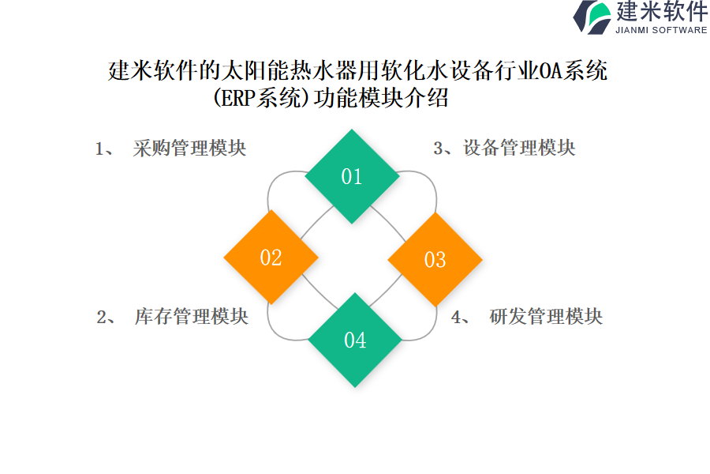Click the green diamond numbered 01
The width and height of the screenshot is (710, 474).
coord(352,176)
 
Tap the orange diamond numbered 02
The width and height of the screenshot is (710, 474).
coord(271,258)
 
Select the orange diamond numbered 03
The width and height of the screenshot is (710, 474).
coord(435,259)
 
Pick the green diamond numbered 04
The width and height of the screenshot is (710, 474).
coord(355,340)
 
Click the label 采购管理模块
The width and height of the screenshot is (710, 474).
coord(189,149)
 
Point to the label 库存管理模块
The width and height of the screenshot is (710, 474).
coord(192,317)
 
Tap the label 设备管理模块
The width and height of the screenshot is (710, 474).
coord(519,148)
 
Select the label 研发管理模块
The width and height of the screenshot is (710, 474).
coord(546,317)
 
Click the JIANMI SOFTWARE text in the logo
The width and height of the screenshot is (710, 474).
coord(661,30)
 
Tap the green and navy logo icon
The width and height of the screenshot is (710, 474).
coord(592,17)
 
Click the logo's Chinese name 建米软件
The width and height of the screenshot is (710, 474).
coord(662,11)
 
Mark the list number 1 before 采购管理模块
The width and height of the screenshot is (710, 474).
coord(99,149)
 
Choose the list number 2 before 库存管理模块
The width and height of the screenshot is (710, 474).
coord(102,317)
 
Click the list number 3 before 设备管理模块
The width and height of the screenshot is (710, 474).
coord(438,149)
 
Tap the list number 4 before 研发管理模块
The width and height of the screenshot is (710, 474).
coord(457,317)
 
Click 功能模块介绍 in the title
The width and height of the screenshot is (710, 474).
coord(381,97)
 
